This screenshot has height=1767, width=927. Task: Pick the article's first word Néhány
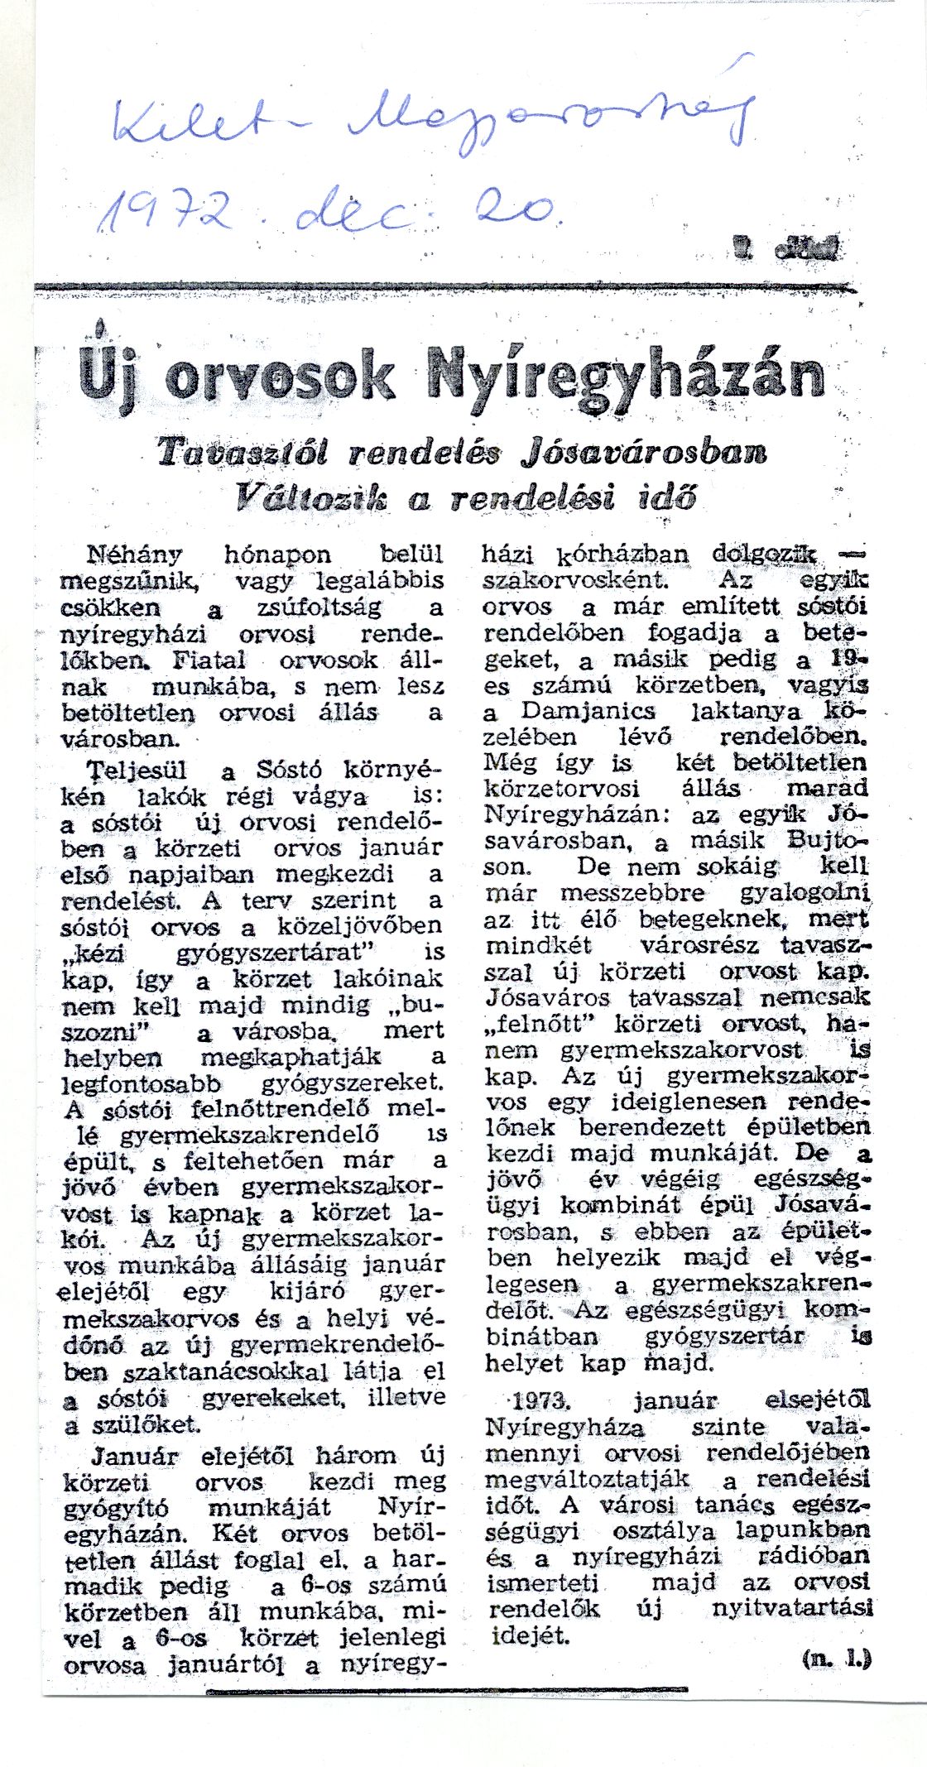click(135, 554)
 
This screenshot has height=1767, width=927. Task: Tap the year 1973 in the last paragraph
click(539, 1400)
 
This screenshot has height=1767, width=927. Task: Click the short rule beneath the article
click(447, 1691)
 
